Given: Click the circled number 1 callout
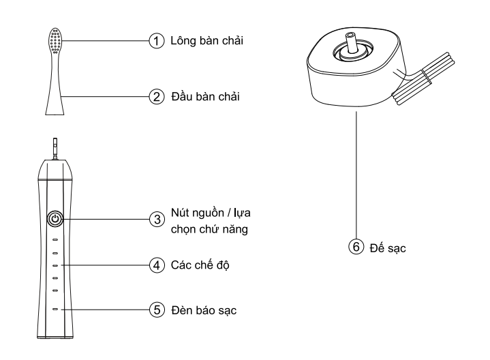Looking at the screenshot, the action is coord(157,41).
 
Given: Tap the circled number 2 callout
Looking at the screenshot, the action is coord(157,97).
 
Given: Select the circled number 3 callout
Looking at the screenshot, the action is coord(157,220).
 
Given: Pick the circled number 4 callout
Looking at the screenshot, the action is coord(157,265).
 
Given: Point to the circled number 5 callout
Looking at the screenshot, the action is coord(157,310).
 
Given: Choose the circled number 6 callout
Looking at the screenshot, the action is coord(356,247).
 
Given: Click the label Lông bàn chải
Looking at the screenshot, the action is coord(207,41).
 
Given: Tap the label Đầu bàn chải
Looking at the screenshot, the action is coord(206,96).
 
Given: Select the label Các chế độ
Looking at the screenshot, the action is coord(200,265).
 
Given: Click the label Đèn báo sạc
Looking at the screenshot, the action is coord(204,310).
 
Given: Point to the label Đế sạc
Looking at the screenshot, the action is coord(388,248).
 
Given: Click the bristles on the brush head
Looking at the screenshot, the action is coord(55,41).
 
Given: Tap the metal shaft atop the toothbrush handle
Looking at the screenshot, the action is coord(55,149).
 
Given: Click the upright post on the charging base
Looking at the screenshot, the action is coord(351,43).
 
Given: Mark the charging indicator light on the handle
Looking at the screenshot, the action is coord(55,310).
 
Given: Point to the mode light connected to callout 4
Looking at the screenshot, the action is coord(55,265).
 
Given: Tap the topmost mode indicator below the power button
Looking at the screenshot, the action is coord(55,240).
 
